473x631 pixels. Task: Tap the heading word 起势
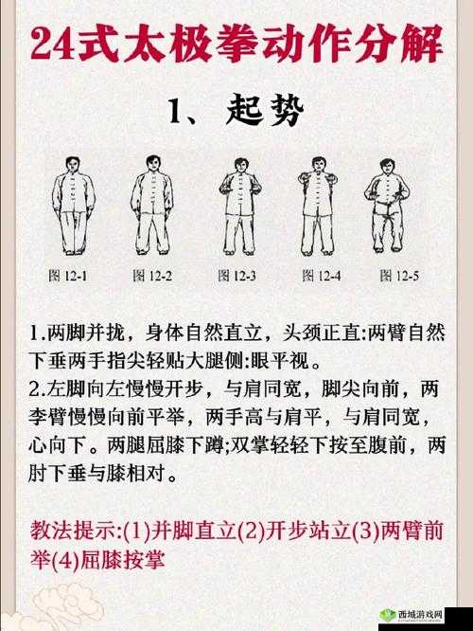pyautogui.click(x=266, y=113)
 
